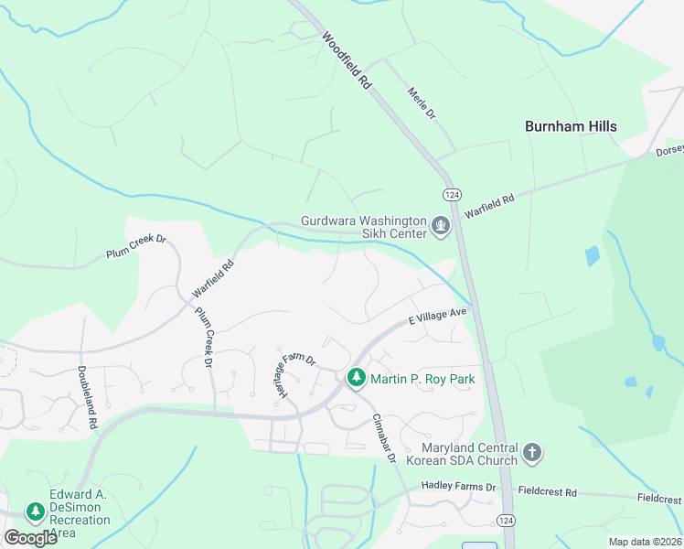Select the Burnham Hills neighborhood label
[x=571, y=126]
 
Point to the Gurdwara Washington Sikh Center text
[x=364, y=227]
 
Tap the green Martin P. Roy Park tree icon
[x=356, y=377]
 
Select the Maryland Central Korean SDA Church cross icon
[x=532, y=452]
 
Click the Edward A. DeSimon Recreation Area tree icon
[x=36, y=511]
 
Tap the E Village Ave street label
[x=438, y=317]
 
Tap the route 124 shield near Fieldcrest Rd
[x=504, y=520]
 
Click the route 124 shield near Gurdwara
[x=451, y=195]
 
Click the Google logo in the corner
[x=30, y=537]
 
